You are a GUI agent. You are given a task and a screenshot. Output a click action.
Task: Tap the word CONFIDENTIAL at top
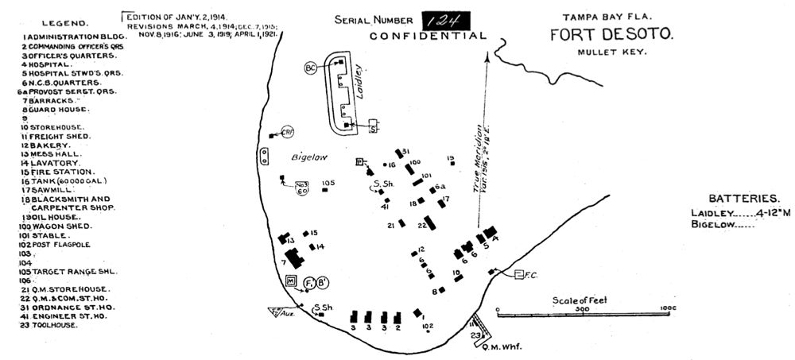click(428, 37)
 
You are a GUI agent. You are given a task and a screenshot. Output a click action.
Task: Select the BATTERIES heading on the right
click(744, 199)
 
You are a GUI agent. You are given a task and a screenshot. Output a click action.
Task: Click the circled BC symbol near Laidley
click(310, 68)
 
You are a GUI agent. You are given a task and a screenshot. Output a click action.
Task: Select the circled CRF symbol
click(288, 132)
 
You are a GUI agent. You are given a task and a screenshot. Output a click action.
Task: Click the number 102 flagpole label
click(427, 326)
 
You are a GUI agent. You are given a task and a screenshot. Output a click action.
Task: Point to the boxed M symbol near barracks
click(291, 281)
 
